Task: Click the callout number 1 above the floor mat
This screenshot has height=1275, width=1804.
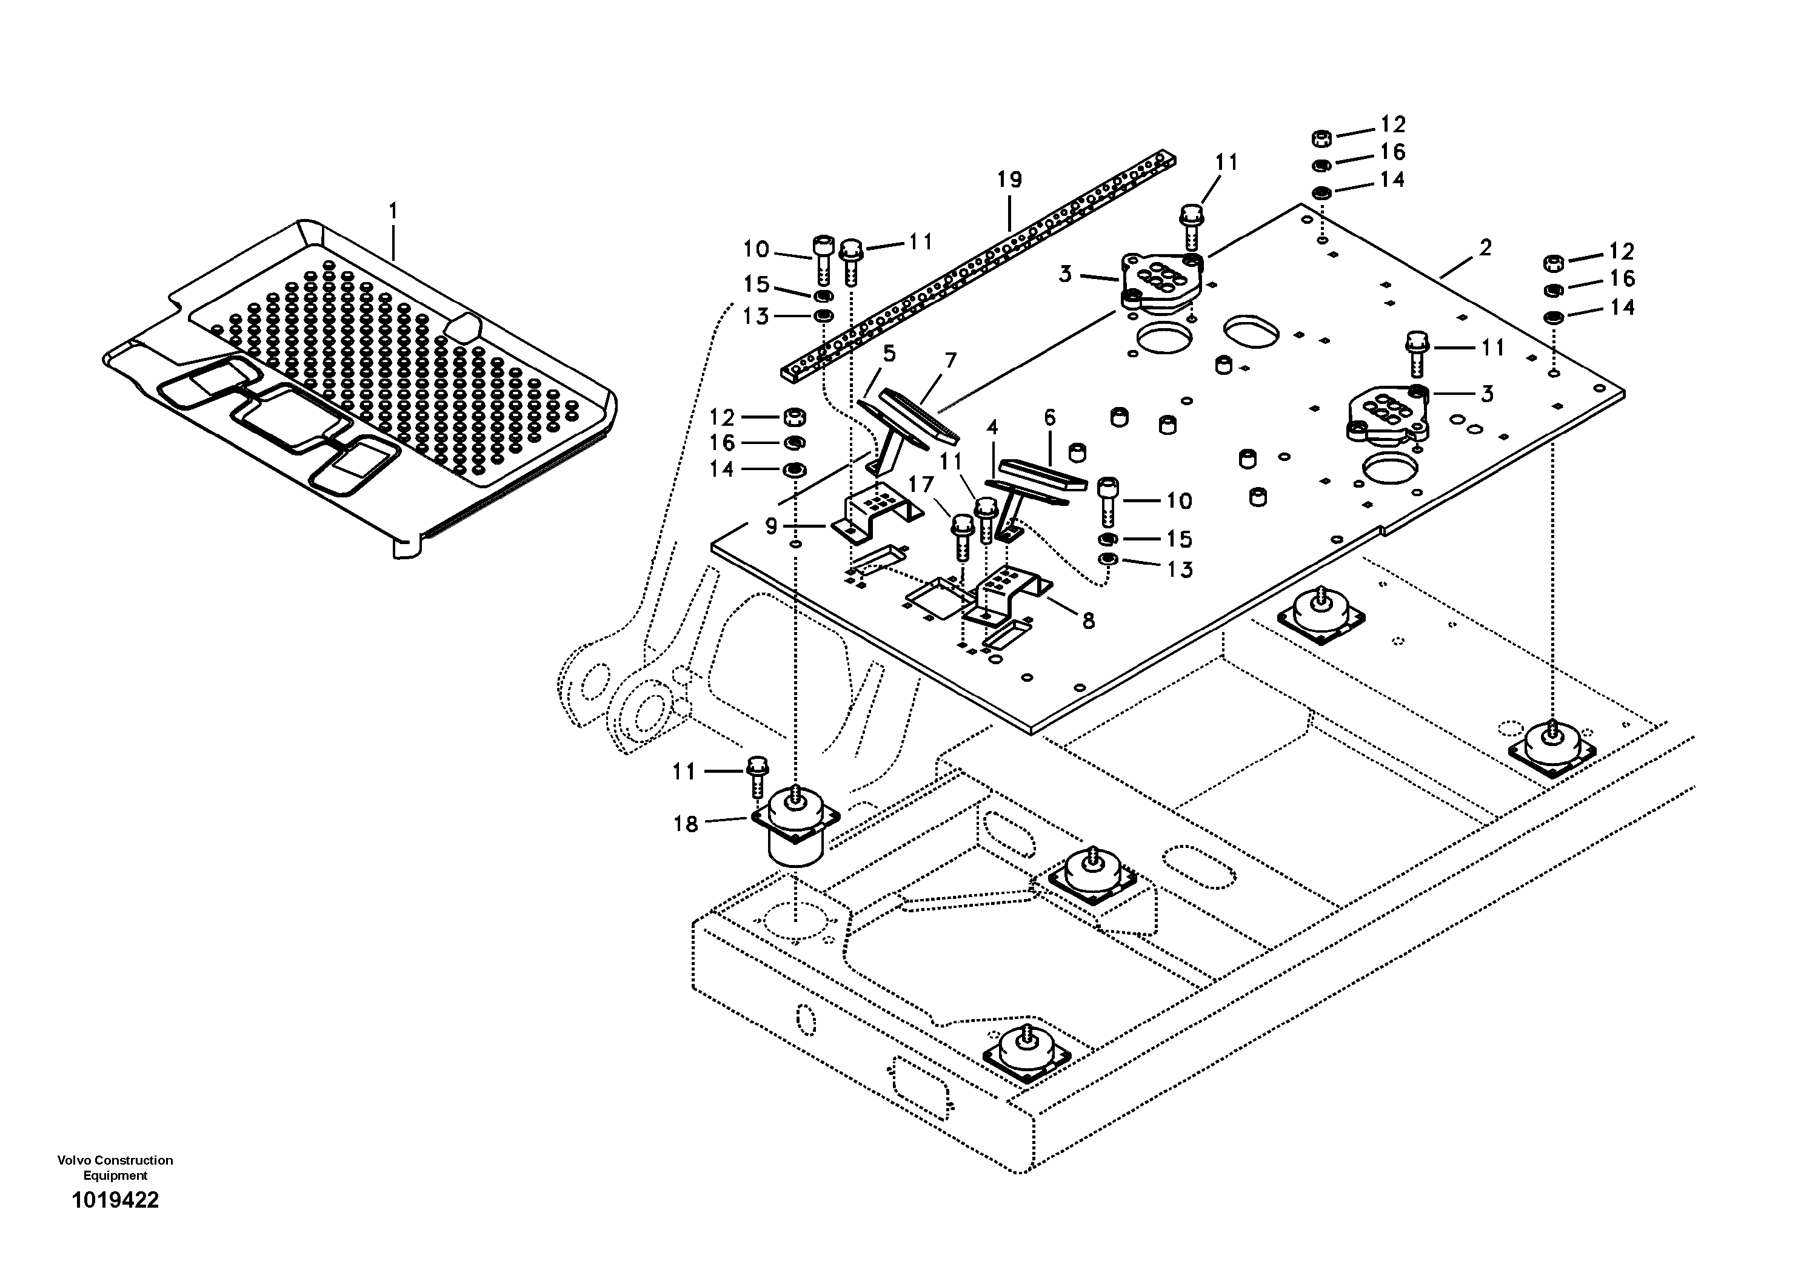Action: click(x=393, y=212)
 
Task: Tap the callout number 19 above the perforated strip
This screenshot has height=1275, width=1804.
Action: click(x=1010, y=180)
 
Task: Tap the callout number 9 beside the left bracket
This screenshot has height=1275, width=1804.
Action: click(x=771, y=526)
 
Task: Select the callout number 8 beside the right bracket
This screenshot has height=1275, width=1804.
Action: click(x=1088, y=621)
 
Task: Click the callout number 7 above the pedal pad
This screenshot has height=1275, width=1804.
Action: click(x=950, y=361)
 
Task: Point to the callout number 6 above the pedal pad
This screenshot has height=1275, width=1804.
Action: click(x=1050, y=417)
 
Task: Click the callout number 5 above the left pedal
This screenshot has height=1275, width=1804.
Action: click(x=889, y=353)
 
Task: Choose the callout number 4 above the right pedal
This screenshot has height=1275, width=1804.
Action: click(x=992, y=428)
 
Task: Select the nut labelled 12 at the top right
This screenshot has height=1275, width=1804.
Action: click(x=1321, y=139)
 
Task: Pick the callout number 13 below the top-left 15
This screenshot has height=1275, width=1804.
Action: click(x=756, y=317)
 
